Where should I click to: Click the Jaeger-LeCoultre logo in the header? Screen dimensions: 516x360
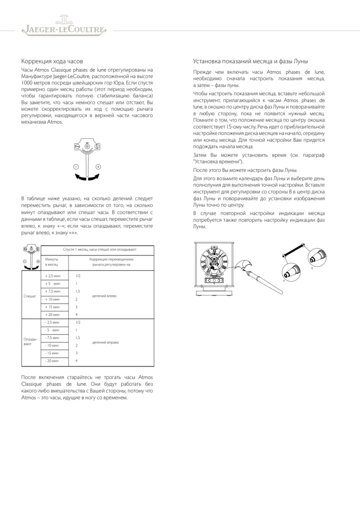pos(64,26)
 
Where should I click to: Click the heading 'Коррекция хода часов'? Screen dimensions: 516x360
pos(52,61)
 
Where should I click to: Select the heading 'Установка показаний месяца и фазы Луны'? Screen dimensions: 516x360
pos(250,61)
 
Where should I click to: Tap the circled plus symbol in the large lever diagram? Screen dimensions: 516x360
pos(98,166)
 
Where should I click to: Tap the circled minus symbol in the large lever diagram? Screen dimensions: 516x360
pos(76,166)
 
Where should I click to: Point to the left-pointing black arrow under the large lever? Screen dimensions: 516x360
pos(79,177)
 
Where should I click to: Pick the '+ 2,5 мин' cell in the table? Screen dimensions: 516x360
pos(52,276)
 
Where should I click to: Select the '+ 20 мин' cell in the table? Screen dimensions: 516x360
pos(52,314)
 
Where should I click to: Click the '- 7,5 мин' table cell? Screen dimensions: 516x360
pos(52,337)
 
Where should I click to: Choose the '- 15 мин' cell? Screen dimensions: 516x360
pos(52,353)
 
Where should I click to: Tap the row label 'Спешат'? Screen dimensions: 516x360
pos(30,295)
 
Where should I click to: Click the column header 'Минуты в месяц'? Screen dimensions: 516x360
pos(52,262)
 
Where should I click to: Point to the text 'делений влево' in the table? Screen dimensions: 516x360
pos(104,295)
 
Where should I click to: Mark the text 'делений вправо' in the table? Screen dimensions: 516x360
pos(106,342)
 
